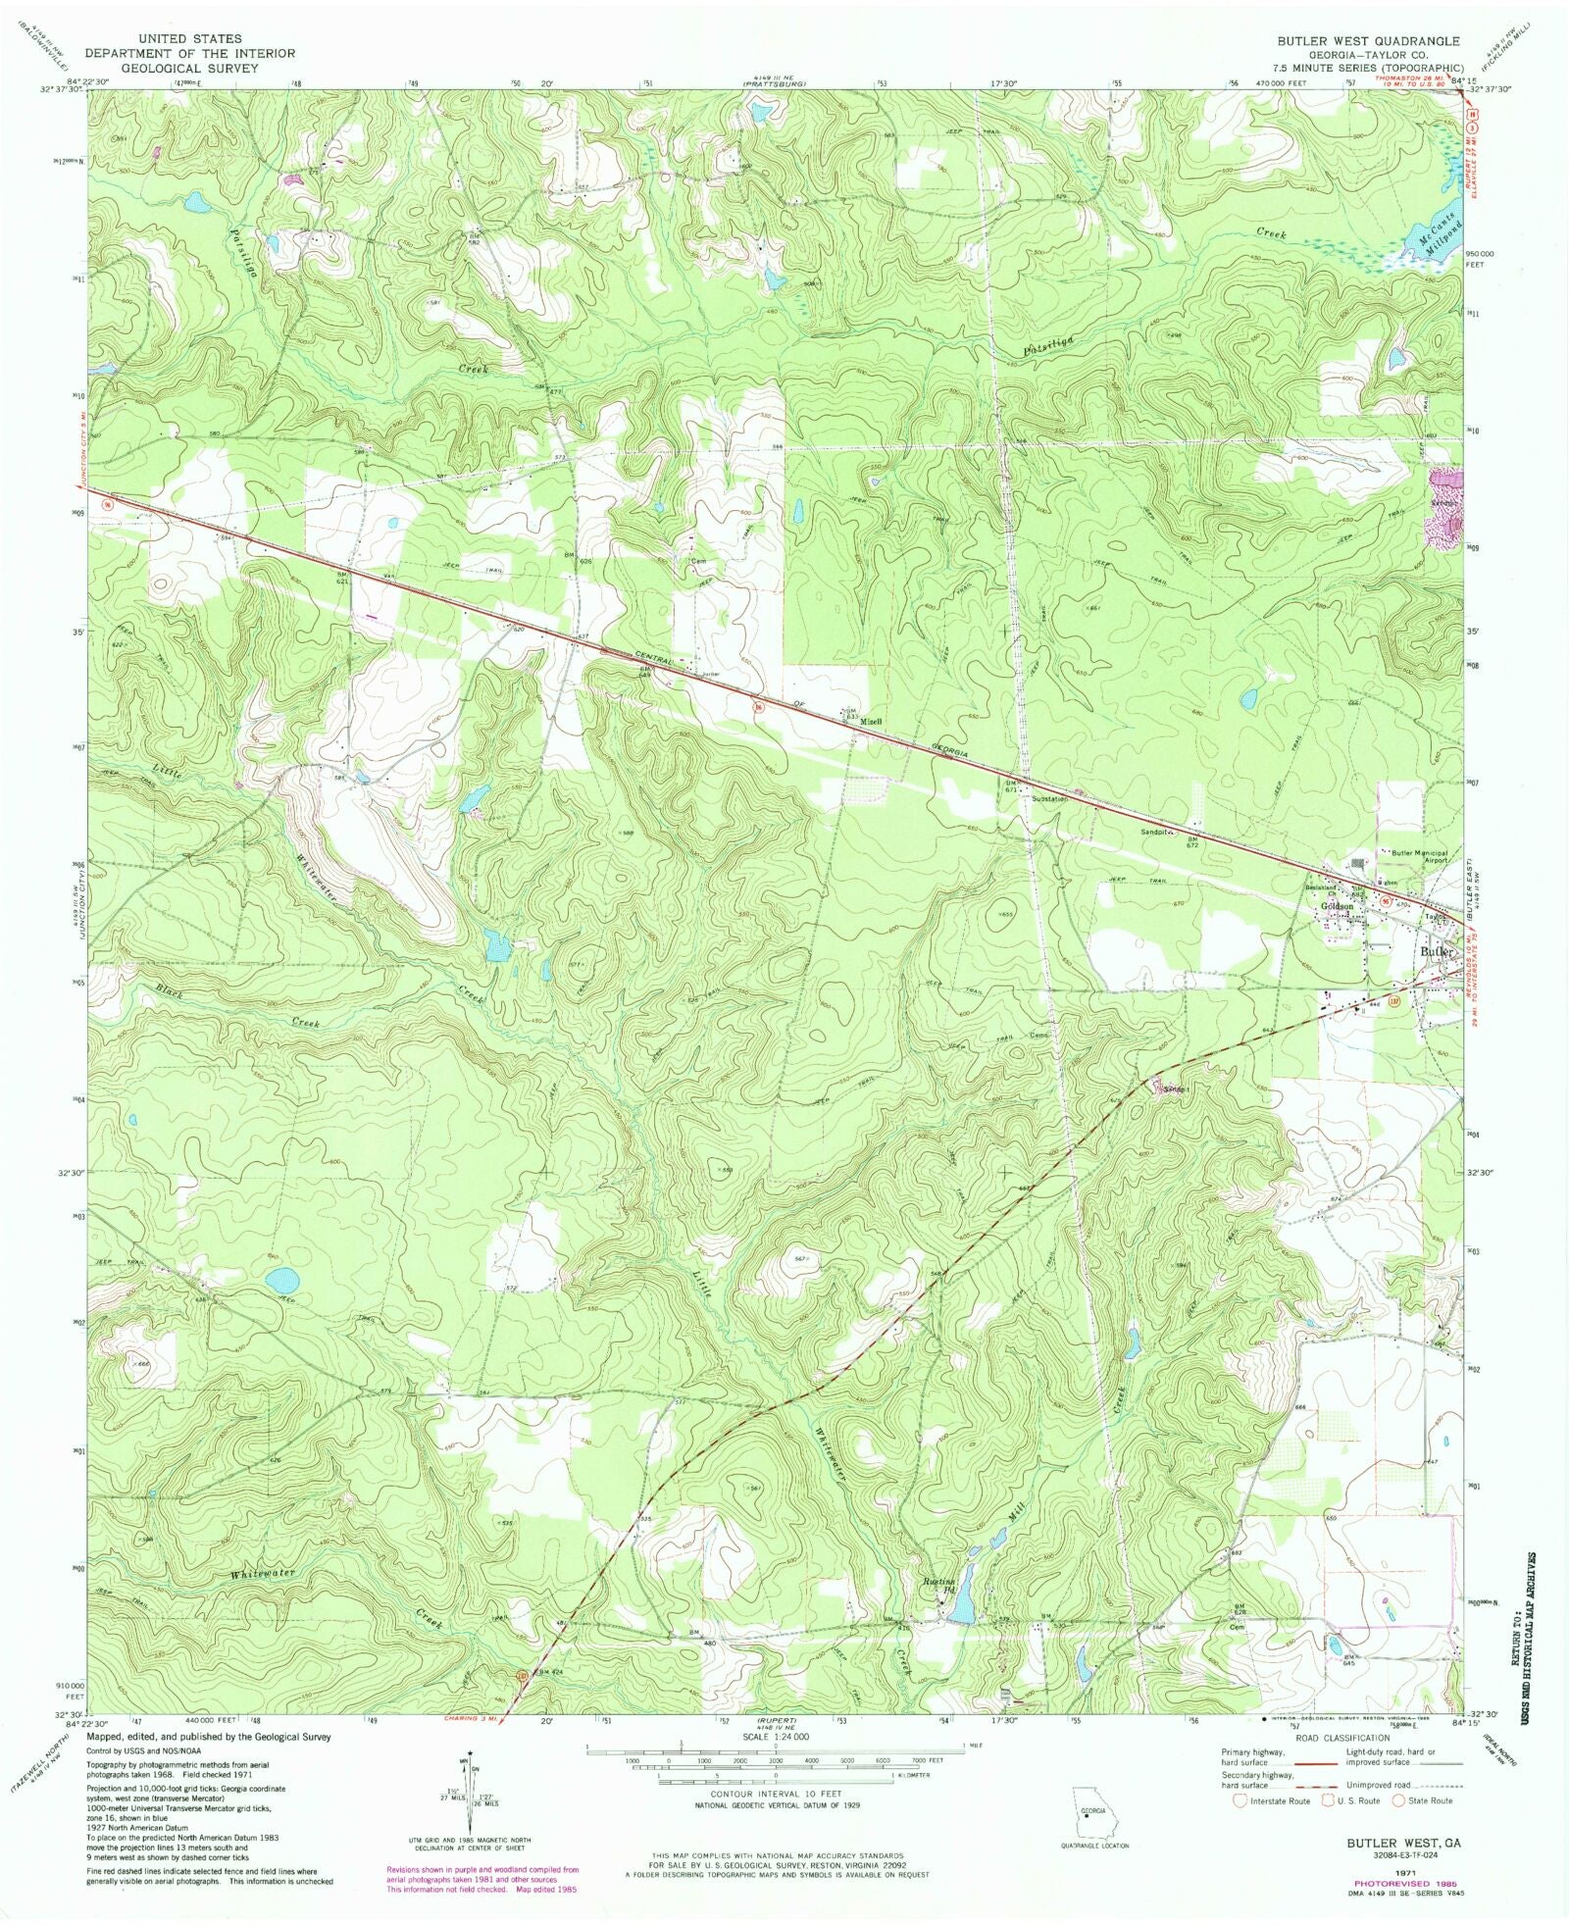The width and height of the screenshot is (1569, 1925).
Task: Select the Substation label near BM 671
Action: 1049,798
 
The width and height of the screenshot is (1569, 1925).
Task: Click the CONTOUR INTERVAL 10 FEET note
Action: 774,1794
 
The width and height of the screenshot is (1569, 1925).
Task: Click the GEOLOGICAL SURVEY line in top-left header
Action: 189,68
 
